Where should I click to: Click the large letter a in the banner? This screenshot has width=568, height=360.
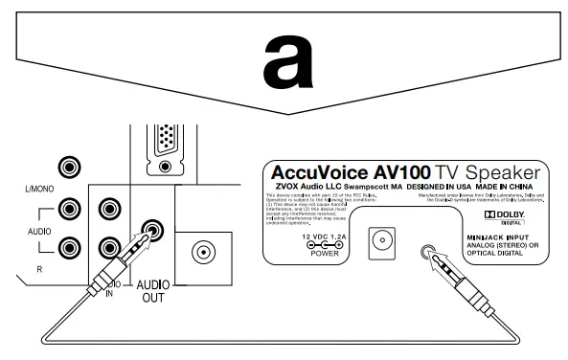click(284, 66)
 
